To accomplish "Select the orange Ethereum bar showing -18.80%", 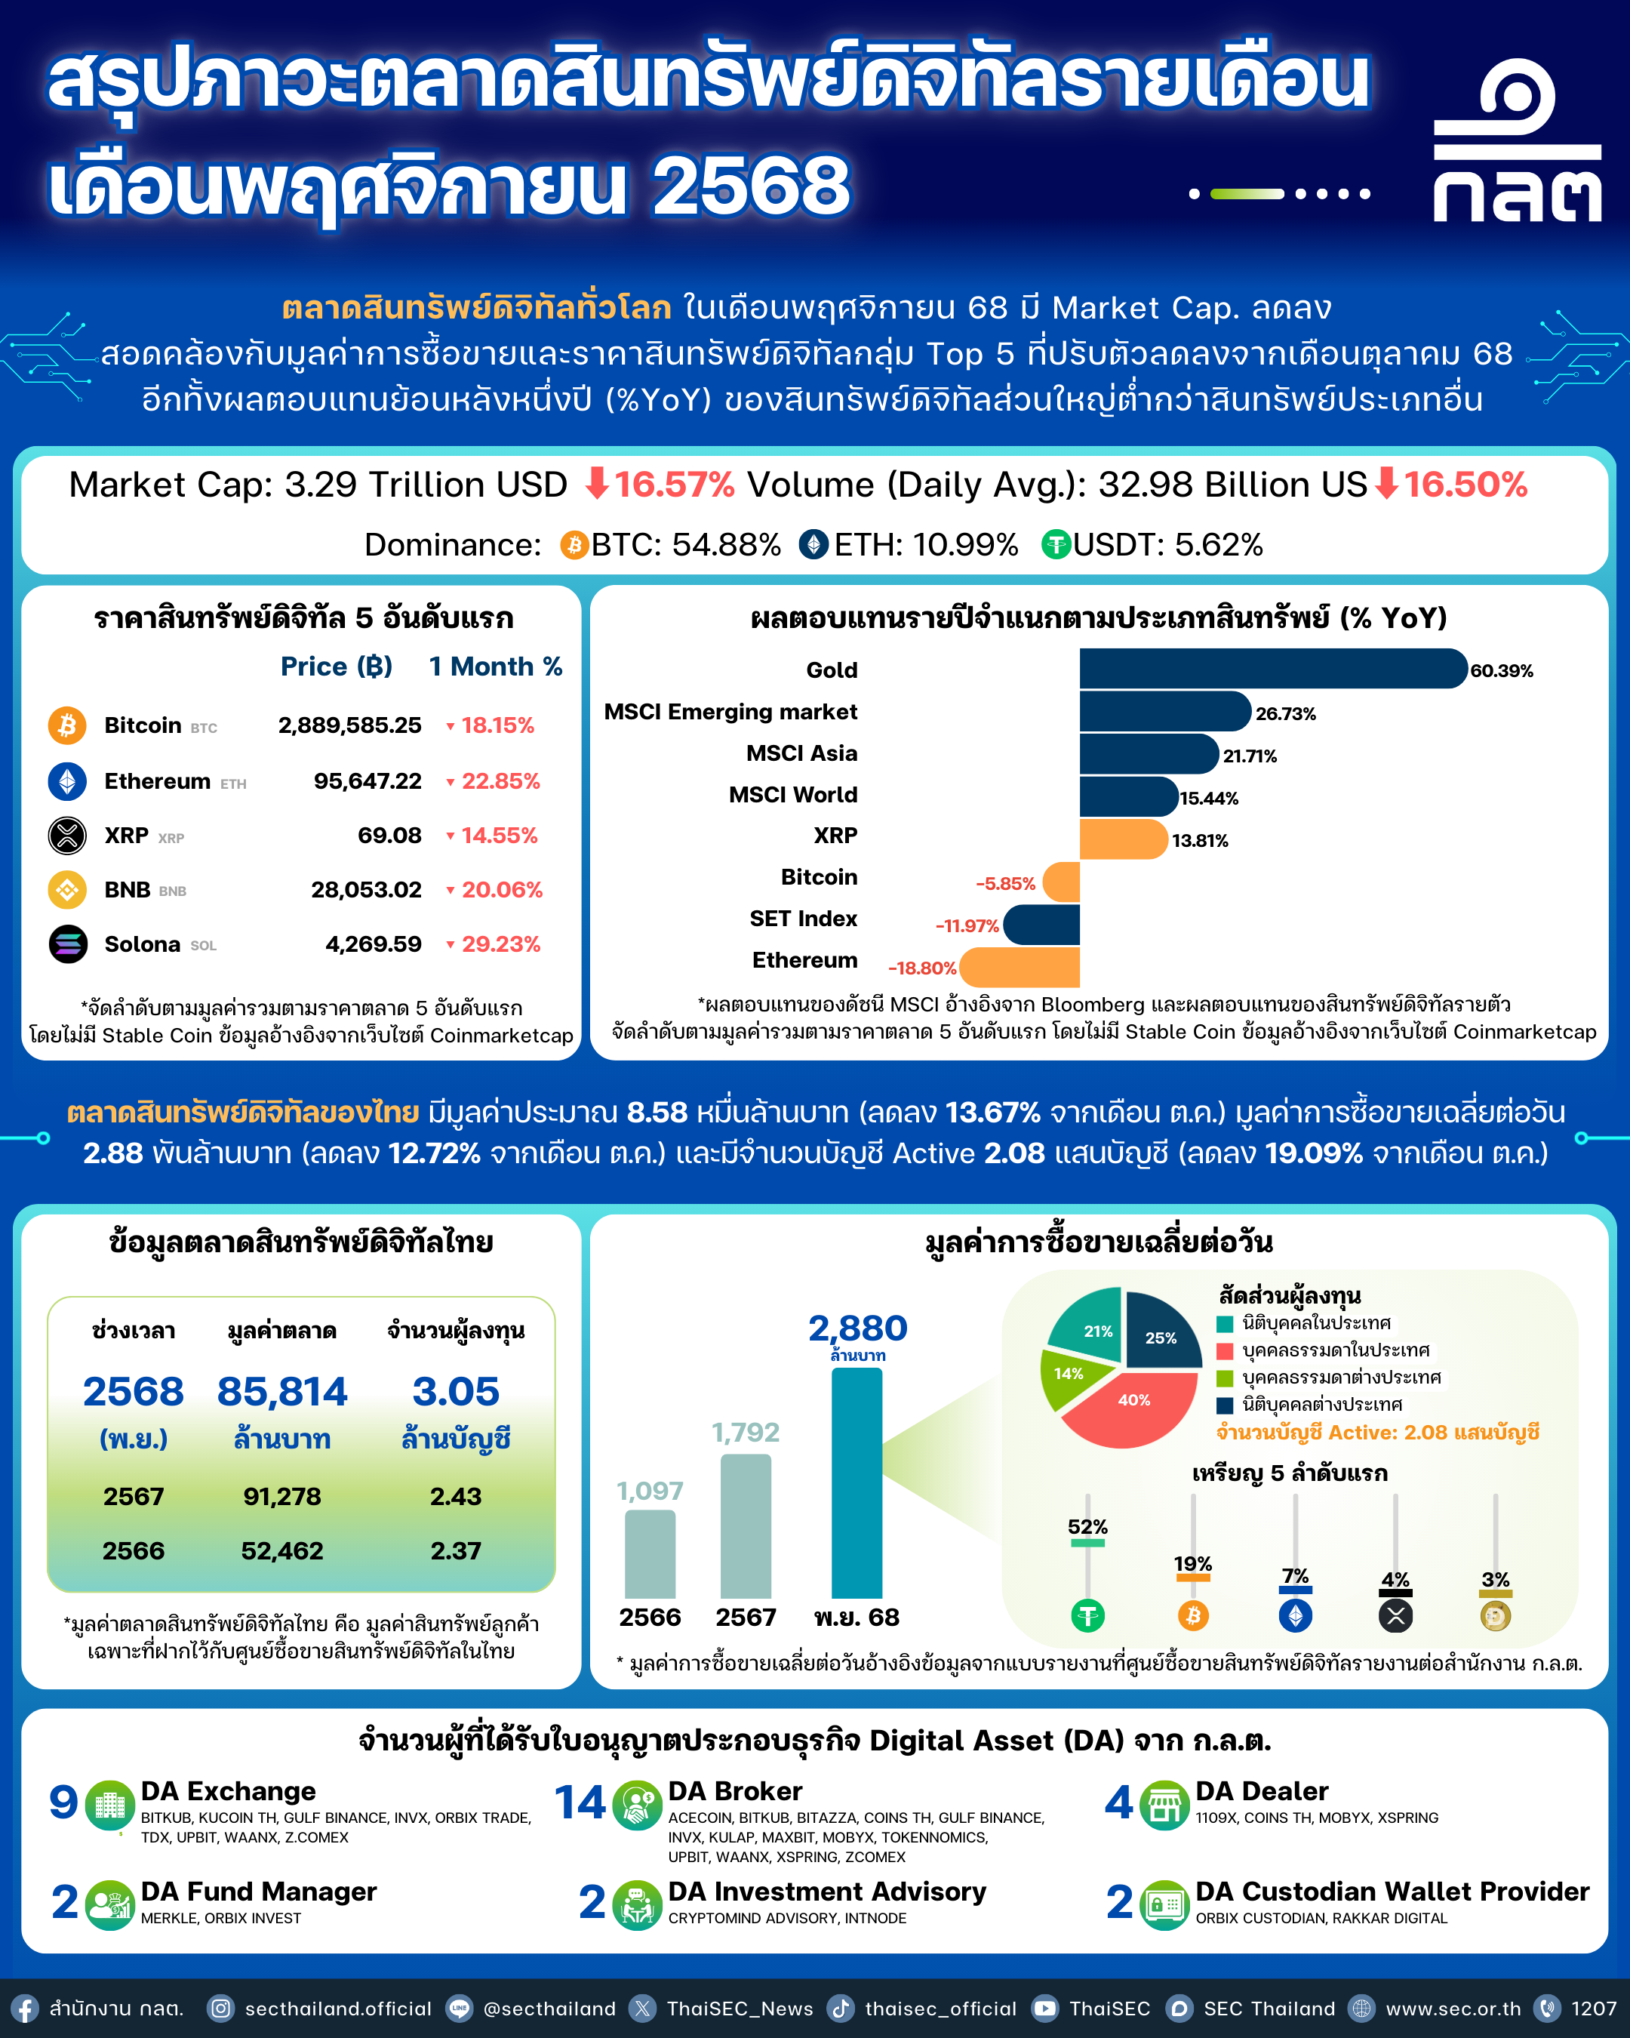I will coord(1020,967).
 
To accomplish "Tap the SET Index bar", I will coord(1041,925).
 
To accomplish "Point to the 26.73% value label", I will coord(1285,714).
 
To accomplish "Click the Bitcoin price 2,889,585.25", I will coord(349,725).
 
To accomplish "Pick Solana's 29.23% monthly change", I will coord(501,944).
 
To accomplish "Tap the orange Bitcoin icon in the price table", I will coord(67,725).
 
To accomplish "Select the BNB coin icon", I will coord(67,889).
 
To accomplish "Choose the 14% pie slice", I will coord(1069,1375).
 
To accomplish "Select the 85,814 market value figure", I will coord(281,1391).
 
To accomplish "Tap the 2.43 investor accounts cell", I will coord(456,1496).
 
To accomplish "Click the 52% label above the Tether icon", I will coord(1087,1526).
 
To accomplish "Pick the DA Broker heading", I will coord(734,1791).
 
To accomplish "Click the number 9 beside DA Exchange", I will coord(63,1802).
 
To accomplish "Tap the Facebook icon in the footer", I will coord(25,2009).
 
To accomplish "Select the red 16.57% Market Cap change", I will coord(673,485).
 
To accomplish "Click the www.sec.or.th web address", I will coord(1453,2009).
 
